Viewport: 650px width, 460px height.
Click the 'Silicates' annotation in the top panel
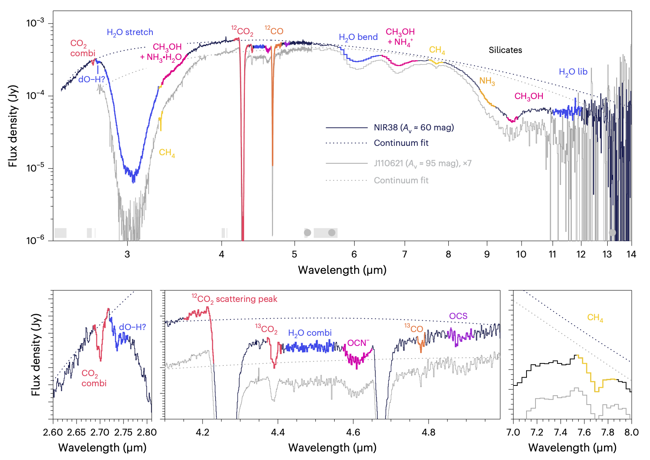coord(505,50)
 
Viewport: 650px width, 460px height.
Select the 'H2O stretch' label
coord(130,33)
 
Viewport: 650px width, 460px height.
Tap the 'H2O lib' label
coord(573,72)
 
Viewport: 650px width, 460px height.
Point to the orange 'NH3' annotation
coord(487,81)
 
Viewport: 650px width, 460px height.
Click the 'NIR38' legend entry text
coord(413,128)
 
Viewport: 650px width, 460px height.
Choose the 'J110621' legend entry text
coord(422,163)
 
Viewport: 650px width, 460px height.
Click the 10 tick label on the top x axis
coord(521,255)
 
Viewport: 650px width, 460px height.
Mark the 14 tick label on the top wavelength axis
coord(631,255)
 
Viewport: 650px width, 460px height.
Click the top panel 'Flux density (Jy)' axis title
coord(13,126)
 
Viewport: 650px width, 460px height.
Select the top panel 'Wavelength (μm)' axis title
coord(342,270)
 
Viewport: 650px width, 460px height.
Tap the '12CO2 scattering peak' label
coord(234,299)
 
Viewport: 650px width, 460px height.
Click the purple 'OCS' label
coord(458,316)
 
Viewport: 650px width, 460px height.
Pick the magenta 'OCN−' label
coord(358,343)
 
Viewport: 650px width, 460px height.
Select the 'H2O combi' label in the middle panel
coord(310,333)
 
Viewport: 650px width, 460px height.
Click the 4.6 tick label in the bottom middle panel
coord(353,432)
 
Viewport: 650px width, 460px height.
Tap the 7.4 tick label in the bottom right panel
coord(560,432)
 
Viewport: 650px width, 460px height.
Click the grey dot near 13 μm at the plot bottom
coord(612,233)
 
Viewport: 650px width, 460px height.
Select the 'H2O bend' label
coord(358,37)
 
